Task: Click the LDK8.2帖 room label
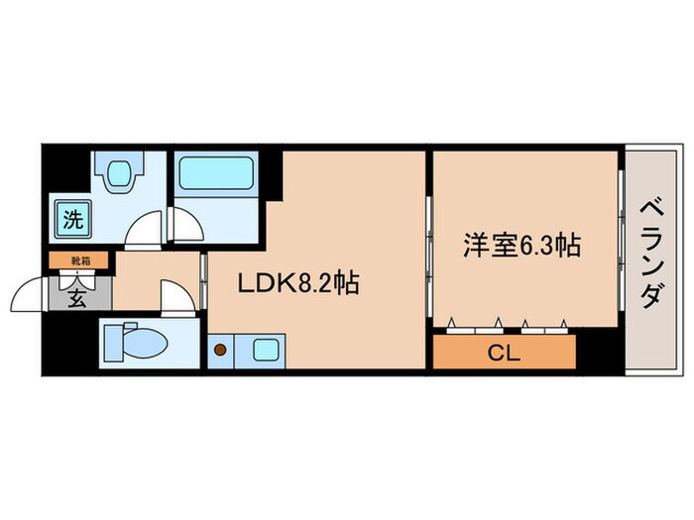pos(296,284)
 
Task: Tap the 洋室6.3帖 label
pos(520,246)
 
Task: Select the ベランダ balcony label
pos(650,253)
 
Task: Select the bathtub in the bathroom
pos(216,176)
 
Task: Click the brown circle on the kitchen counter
pos(219,349)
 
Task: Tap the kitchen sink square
pos(264,349)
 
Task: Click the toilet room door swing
pos(174,297)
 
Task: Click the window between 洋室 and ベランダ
pos(622,248)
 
